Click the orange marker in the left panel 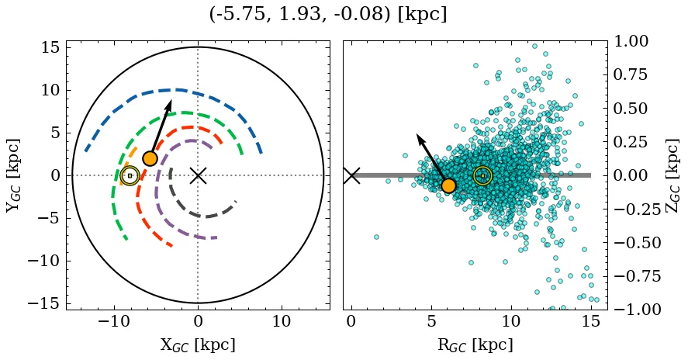[x=150, y=158]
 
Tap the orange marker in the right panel [x=448, y=185]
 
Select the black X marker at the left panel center [x=198, y=175]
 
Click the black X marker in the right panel [x=351, y=175]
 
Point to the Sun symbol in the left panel [x=130, y=176]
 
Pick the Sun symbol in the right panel [x=482, y=176]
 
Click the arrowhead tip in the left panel [x=171, y=100]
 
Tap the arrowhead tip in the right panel [x=417, y=134]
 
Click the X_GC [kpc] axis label [x=198, y=344]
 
